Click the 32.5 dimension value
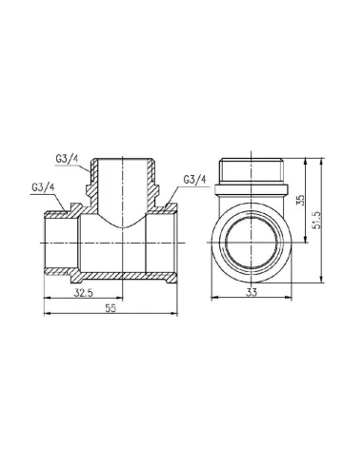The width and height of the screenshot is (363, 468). point(84,293)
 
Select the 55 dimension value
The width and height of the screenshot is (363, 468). point(111,308)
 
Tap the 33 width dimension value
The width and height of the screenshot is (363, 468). point(252,293)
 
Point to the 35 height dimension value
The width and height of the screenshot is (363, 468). point(300,200)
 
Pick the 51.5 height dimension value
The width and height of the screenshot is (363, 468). point(316,220)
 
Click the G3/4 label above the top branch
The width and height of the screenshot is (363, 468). point(67,159)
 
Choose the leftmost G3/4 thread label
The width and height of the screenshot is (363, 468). point(43,187)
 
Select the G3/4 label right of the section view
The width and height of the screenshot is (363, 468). point(194,180)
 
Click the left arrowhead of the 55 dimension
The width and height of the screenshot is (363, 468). point(47,314)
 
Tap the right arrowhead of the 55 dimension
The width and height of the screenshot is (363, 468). point(174,314)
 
